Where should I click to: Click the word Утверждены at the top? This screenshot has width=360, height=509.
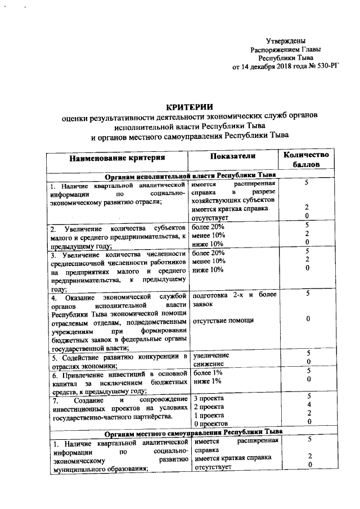pyautogui.click(x=286, y=40)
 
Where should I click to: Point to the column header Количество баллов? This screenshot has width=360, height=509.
pyautogui.click(x=307, y=160)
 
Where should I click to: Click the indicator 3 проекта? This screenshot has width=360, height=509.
pyautogui.click(x=209, y=397)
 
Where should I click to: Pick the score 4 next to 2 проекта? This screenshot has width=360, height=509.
pyautogui.click(x=308, y=405)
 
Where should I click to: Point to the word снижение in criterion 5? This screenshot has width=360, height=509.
pyautogui.click(x=209, y=364)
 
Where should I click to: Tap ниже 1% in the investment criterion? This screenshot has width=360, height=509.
pyautogui.click(x=207, y=381)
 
